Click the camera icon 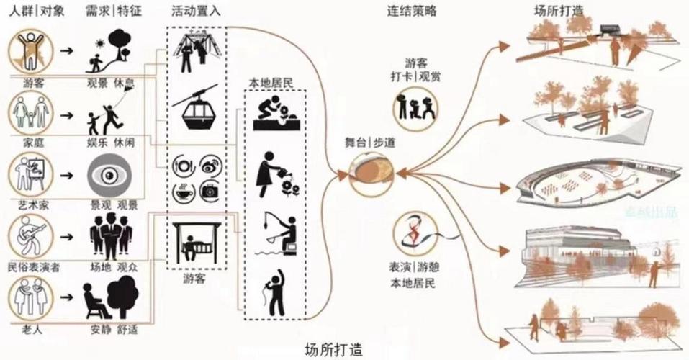pos(210,192)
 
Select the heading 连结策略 pos(412,12)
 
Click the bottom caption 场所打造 pos(333,349)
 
